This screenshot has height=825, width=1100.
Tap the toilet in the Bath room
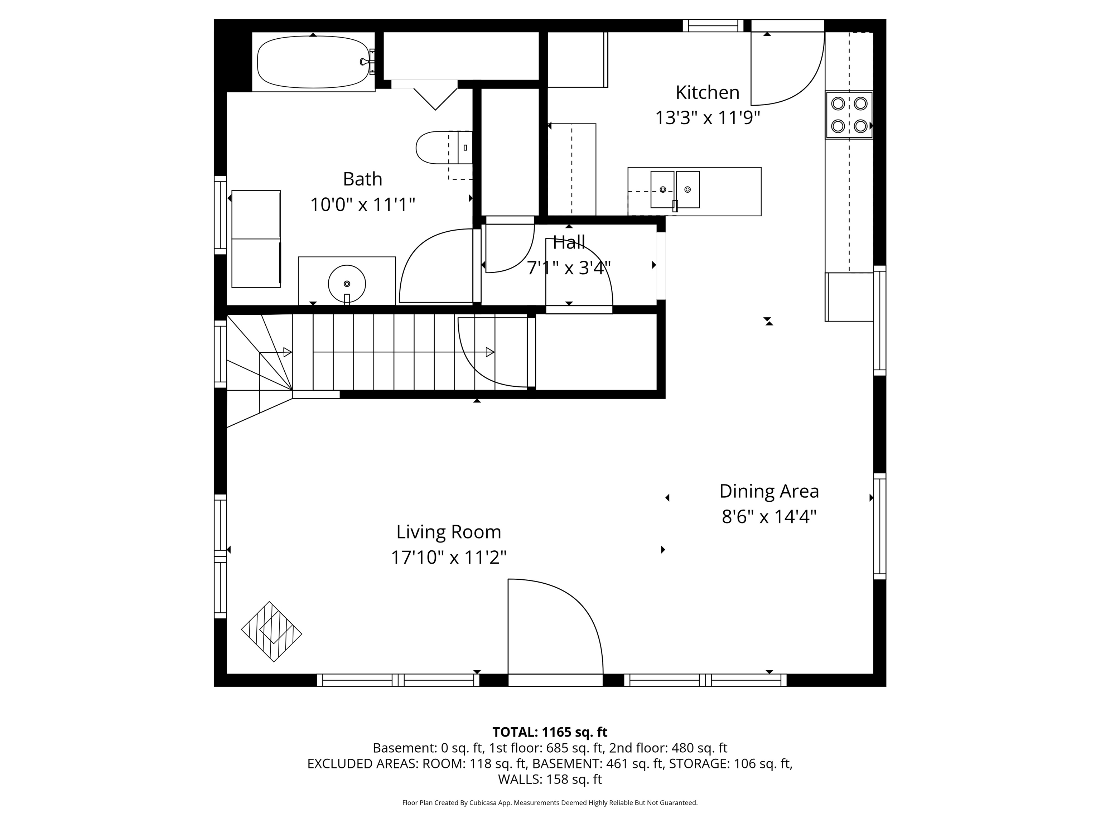(444, 148)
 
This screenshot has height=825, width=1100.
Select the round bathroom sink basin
(347, 284)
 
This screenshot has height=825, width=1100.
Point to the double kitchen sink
(675, 189)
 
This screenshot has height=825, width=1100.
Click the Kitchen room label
(708, 92)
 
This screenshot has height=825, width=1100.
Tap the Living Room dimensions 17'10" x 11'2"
(449, 558)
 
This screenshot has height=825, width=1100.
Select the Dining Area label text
(769, 491)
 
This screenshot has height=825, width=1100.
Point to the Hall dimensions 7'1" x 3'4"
(569, 268)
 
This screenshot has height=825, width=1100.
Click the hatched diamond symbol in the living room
(271, 632)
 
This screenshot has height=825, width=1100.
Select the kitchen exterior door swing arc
(788, 69)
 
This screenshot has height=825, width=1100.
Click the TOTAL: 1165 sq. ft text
(550, 732)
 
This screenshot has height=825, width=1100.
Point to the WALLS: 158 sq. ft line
(550, 779)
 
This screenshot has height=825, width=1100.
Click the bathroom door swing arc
(436, 266)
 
